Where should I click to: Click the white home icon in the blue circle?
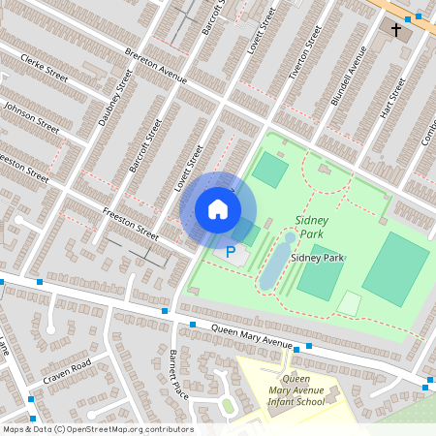[x=218, y=209]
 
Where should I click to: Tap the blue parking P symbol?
[x=231, y=252]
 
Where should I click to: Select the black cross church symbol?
[x=395, y=31]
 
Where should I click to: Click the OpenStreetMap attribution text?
[x=97, y=429]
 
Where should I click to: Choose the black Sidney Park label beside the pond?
[x=319, y=258]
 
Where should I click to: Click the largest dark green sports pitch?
[x=395, y=269]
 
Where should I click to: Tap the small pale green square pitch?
[x=349, y=303]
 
